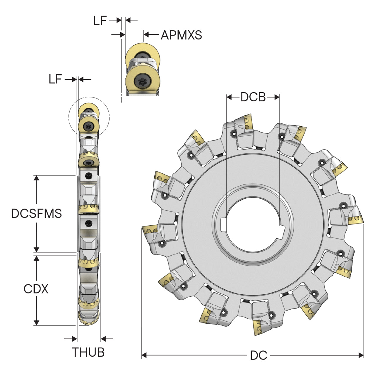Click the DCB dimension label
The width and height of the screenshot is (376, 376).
click(253, 97)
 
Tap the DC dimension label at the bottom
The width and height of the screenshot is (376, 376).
click(258, 355)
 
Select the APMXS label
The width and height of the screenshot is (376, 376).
click(181, 35)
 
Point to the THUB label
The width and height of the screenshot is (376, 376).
click(88, 352)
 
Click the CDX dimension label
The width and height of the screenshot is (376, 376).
click(36, 289)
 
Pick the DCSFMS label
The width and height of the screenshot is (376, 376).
click(36, 213)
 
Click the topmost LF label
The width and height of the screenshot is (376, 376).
click(100, 21)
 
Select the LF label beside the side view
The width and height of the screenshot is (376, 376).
click(55, 79)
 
